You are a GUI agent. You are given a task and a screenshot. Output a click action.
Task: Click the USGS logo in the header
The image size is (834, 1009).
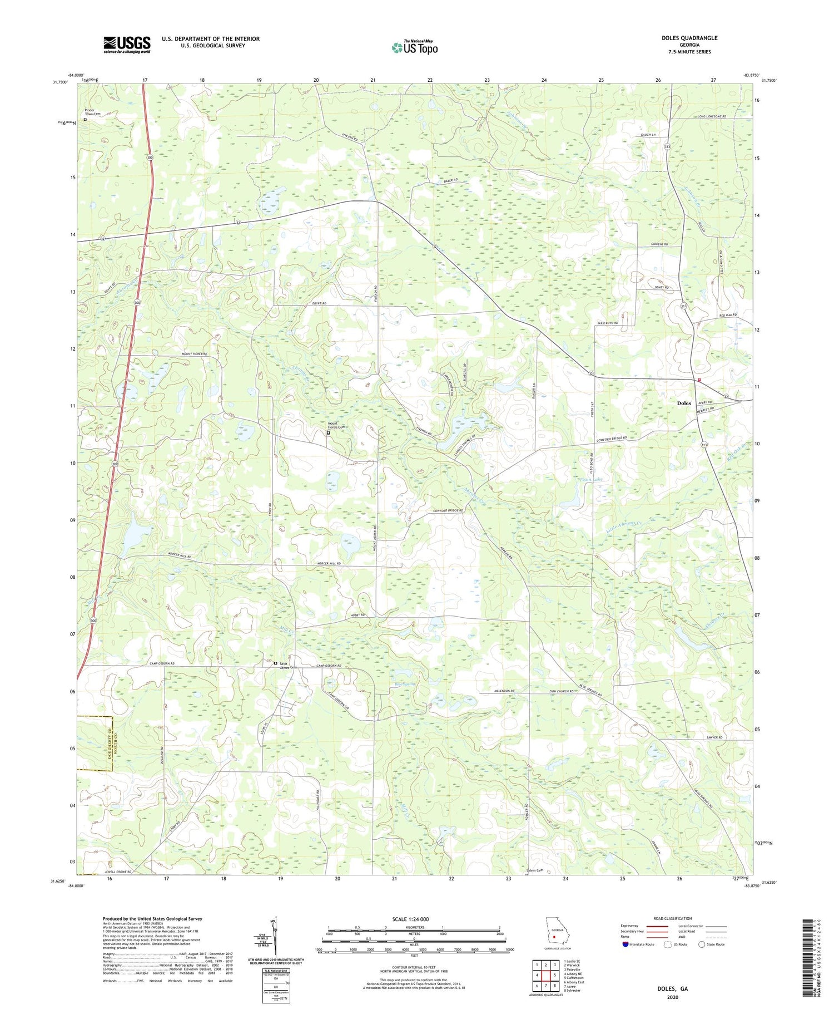click(x=127, y=45)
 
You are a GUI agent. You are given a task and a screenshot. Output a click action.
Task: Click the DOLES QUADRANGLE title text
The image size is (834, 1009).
click(x=689, y=38)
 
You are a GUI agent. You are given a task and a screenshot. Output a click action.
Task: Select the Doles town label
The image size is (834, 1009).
click(x=684, y=403)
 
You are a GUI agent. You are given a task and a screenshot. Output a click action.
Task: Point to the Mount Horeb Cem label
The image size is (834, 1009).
click(x=335, y=426)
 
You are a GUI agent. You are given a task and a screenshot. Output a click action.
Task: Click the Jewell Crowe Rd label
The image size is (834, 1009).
click(x=117, y=872)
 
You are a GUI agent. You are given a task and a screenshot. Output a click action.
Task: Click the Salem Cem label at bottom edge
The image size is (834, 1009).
click(x=534, y=870)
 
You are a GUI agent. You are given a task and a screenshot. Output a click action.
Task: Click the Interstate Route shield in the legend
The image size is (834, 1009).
click(x=625, y=944)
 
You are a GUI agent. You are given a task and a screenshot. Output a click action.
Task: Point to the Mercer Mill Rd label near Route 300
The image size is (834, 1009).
click(x=179, y=556)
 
